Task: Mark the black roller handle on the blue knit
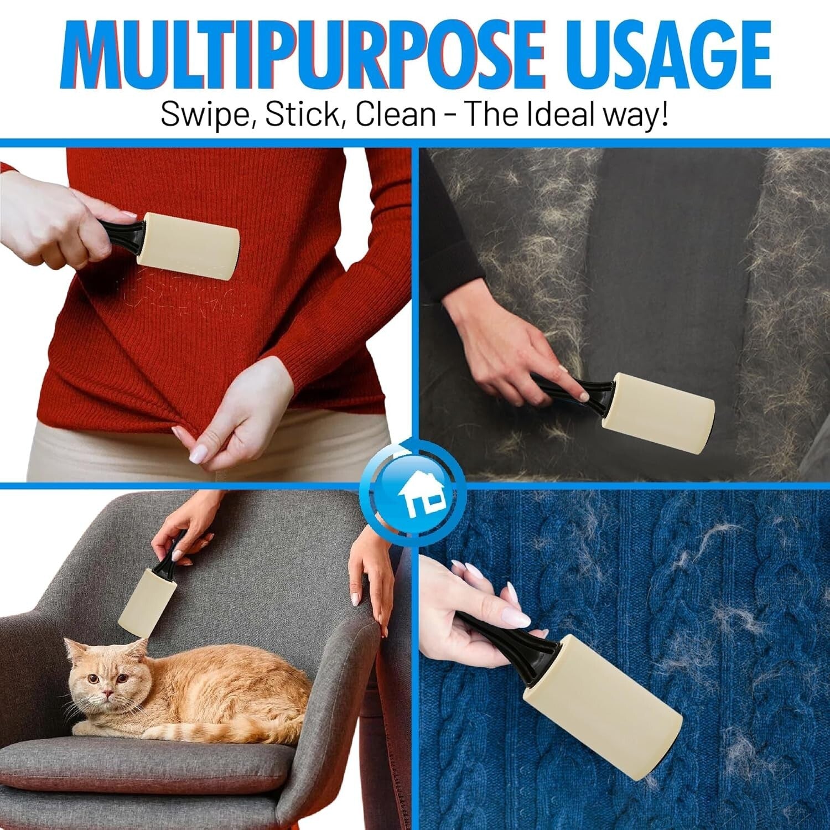pos(509,636)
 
